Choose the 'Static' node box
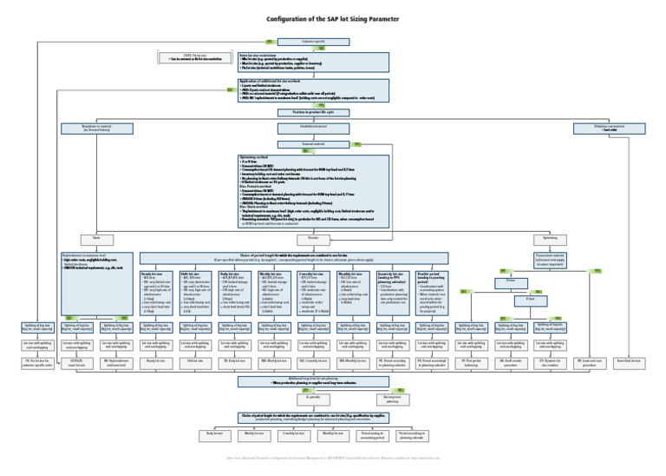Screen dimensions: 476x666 pos(85,237)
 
